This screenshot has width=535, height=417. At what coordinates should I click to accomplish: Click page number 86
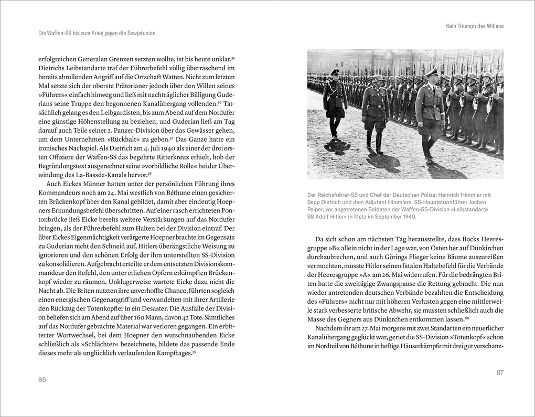pyautogui.click(x=42, y=379)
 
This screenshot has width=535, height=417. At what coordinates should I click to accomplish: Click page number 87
pyautogui.click(x=499, y=372)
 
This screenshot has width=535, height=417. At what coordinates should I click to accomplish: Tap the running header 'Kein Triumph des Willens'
pyautogui.click(x=475, y=26)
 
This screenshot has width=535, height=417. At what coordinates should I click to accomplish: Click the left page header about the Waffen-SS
pyautogui.click(x=97, y=33)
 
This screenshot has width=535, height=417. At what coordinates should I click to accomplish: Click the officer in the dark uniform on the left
pyautogui.click(x=334, y=102)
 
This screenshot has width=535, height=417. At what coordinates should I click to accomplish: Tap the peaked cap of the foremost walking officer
pyautogui.click(x=431, y=72)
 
